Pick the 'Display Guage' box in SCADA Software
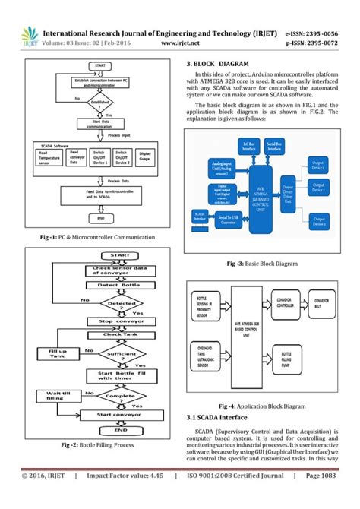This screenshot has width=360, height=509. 145,156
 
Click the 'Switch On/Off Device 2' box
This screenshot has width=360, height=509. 122,156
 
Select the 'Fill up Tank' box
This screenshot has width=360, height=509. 58,354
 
